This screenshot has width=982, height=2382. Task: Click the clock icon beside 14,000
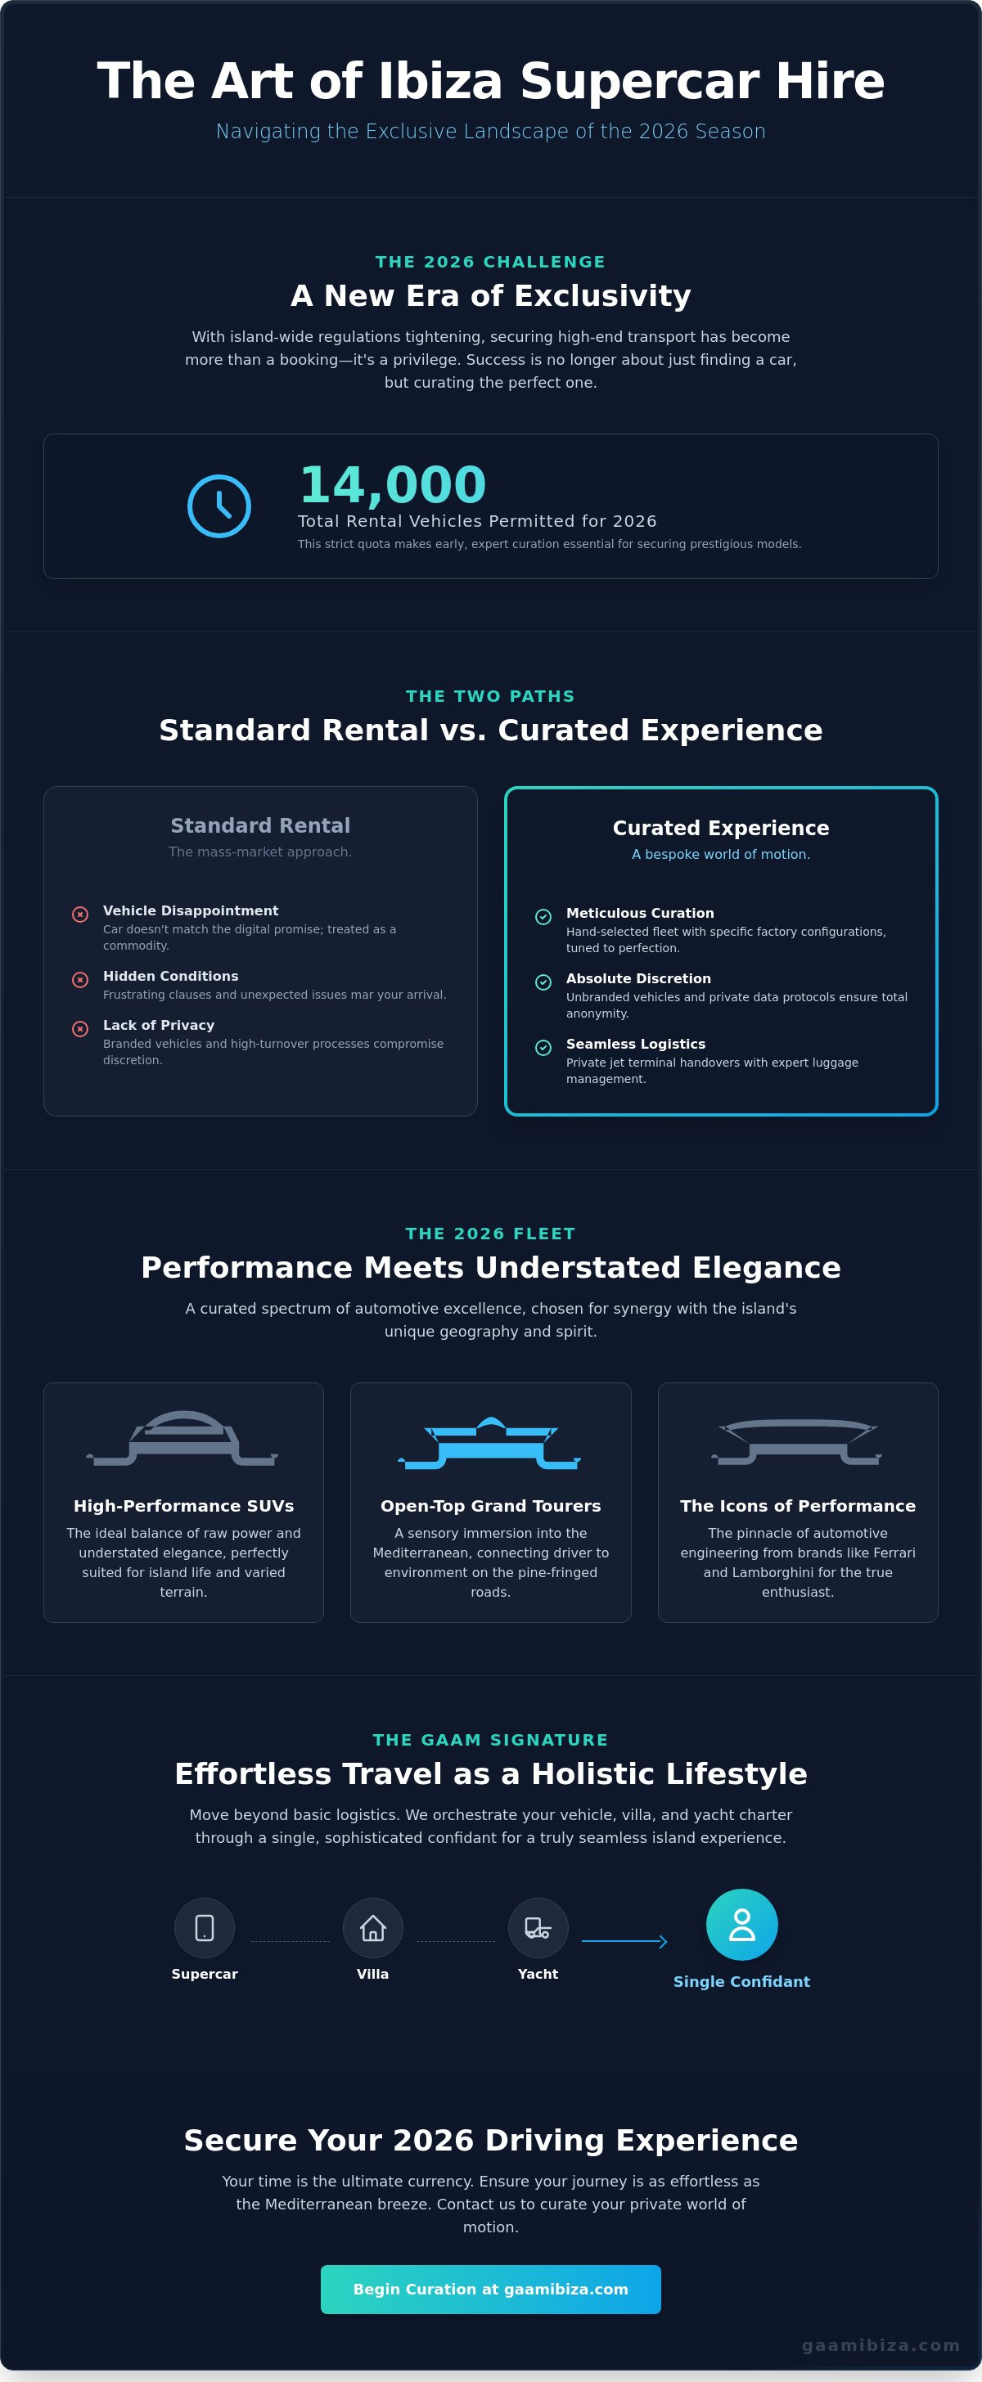click(219, 506)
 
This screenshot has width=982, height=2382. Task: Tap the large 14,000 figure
click(392, 484)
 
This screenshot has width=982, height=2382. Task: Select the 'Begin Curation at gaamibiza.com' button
click(491, 2289)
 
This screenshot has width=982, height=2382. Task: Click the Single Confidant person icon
click(741, 1924)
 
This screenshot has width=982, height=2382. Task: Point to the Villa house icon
click(372, 1928)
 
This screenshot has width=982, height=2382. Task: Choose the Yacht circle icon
click(538, 1928)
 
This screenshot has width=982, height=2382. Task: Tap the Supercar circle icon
click(205, 1928)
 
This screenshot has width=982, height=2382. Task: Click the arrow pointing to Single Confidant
click(624, 1941)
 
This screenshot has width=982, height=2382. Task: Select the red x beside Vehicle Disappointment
click(80, 915)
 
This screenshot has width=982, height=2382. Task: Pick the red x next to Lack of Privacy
click(80, 1028)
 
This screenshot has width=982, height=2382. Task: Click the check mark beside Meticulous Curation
click(543, 916)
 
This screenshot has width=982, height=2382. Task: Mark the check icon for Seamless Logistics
click(543, 1048)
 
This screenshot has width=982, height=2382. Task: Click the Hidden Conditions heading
click(171, 976)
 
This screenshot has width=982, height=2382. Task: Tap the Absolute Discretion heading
click(639, 978)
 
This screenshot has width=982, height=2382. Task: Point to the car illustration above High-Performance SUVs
click(182, 1438)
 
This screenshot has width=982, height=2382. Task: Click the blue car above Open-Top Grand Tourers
click(489, 1441)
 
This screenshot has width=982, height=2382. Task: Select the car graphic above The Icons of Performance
click(797, 1441)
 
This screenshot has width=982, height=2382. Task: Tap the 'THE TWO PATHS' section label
click(491, 696)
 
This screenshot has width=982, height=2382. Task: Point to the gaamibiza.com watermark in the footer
click(881, 2345)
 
